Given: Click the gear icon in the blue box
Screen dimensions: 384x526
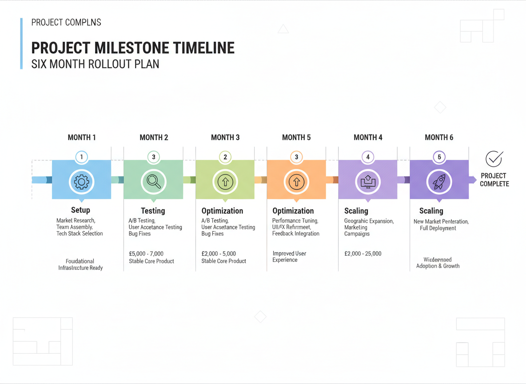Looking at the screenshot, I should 81,181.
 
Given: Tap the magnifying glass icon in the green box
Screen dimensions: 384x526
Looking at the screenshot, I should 153,181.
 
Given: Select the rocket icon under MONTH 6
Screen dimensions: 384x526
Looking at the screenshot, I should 439,181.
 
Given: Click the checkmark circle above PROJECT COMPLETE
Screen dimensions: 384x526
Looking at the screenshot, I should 494,159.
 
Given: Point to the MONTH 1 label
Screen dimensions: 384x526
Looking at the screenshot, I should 82,137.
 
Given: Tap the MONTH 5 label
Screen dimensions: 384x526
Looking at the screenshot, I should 296,137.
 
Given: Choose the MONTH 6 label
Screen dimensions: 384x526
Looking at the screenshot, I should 439,137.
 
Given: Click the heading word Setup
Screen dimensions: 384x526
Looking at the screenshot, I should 80,210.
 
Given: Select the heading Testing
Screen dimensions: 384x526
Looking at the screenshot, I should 153,211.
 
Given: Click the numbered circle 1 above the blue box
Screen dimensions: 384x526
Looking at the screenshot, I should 81,157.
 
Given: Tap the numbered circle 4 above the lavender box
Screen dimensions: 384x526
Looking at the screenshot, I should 368,157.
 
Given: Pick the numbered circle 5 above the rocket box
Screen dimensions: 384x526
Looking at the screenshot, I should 439,157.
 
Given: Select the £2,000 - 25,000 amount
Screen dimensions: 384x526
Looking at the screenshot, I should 363,254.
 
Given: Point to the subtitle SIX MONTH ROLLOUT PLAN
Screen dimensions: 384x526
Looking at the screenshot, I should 95,64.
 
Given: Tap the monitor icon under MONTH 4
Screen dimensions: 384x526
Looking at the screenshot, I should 368,181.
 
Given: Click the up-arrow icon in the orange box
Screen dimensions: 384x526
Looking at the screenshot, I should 296,181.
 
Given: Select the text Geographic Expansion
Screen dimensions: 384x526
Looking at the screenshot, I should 369,221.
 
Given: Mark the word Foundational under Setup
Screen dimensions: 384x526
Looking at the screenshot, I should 80,261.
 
